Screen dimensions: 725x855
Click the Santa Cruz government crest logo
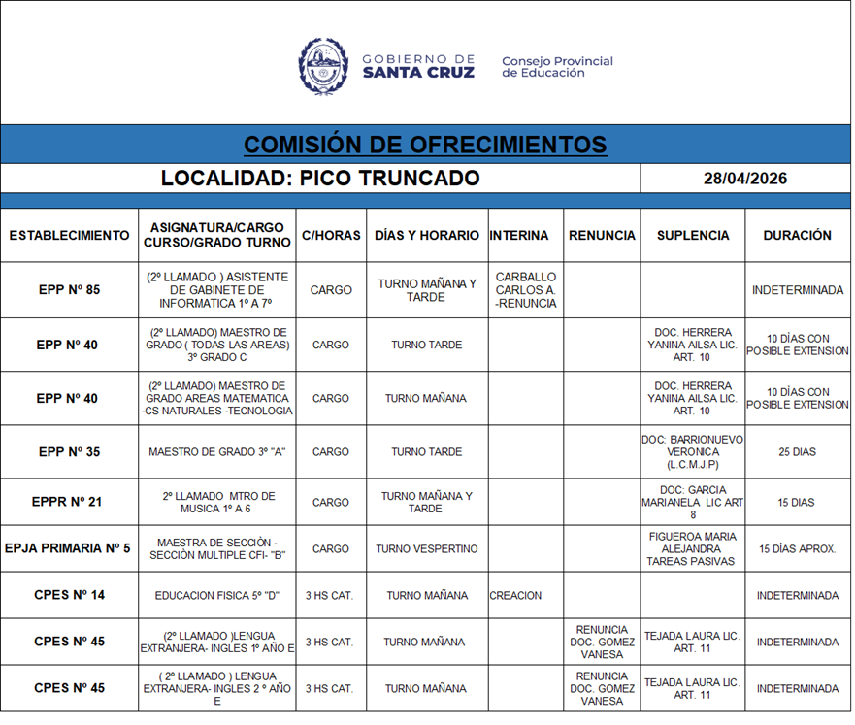[323, 66]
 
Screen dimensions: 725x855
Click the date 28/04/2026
[744, 179]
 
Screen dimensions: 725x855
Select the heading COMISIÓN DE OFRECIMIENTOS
[425, 145]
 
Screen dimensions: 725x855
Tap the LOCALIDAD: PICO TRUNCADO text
[320, 179]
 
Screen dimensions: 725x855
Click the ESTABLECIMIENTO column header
[69, 235]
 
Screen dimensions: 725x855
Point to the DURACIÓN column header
[797, 235]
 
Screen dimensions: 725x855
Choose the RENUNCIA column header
[602, 235]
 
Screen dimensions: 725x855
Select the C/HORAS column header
[331, 235]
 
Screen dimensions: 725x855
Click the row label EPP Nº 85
[69, 290]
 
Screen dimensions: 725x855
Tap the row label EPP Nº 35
[69, 452]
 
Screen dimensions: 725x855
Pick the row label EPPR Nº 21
[69, 503]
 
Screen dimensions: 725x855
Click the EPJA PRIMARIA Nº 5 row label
[69, 549]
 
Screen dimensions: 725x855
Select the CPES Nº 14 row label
[69, 596]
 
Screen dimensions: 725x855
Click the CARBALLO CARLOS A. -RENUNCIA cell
[525, 290]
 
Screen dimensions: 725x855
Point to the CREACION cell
[515, 596]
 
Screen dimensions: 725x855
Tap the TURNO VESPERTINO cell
[426, 549]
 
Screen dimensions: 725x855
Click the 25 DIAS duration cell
[797, 452]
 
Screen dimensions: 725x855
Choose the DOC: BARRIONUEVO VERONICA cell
[692, 452]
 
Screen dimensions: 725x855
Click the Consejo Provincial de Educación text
[557, 67]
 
